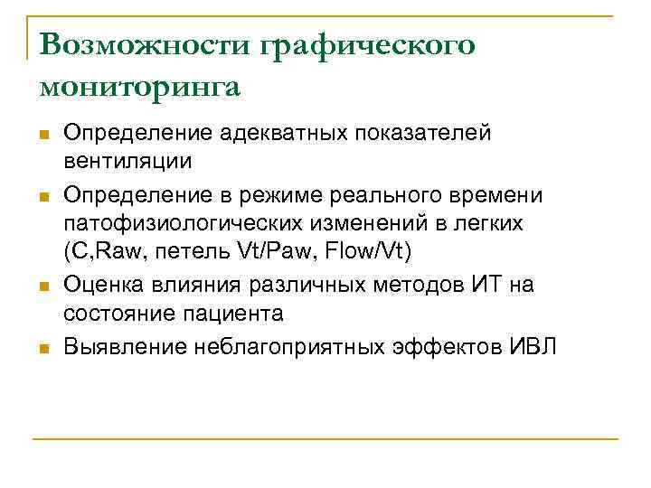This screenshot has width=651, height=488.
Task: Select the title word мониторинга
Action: (x=140, y=87)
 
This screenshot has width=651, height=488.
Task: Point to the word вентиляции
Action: (x=127, y=162)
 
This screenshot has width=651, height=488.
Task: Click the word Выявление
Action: (x=123, y=347)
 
